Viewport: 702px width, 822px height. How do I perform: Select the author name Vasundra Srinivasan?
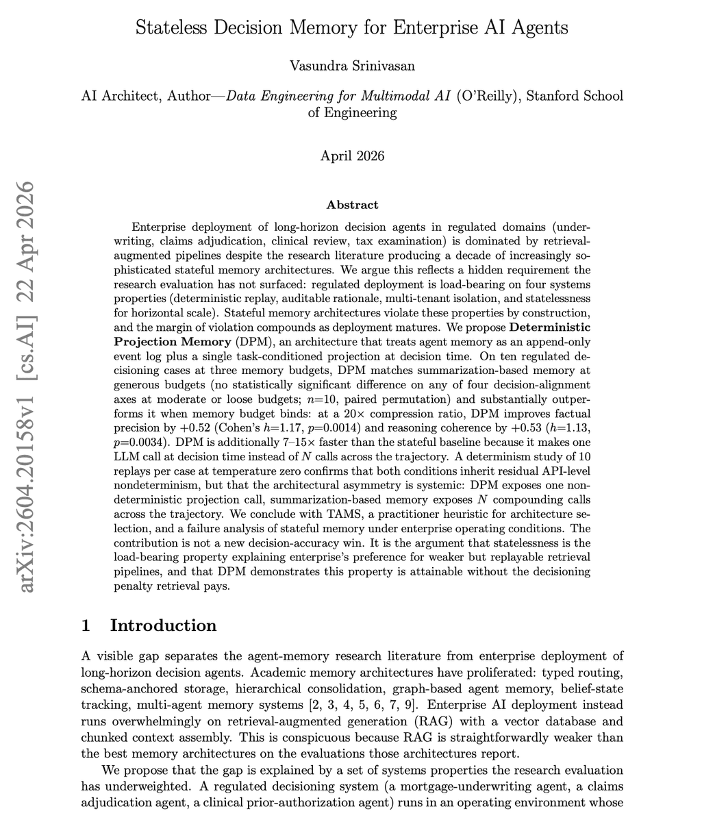[x=352, y=66]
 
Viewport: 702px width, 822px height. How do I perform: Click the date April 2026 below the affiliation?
[x=352, y=155]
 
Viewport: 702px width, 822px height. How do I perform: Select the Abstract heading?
[x=352, y=205]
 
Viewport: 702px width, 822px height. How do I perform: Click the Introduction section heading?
[x=163, y=625]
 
